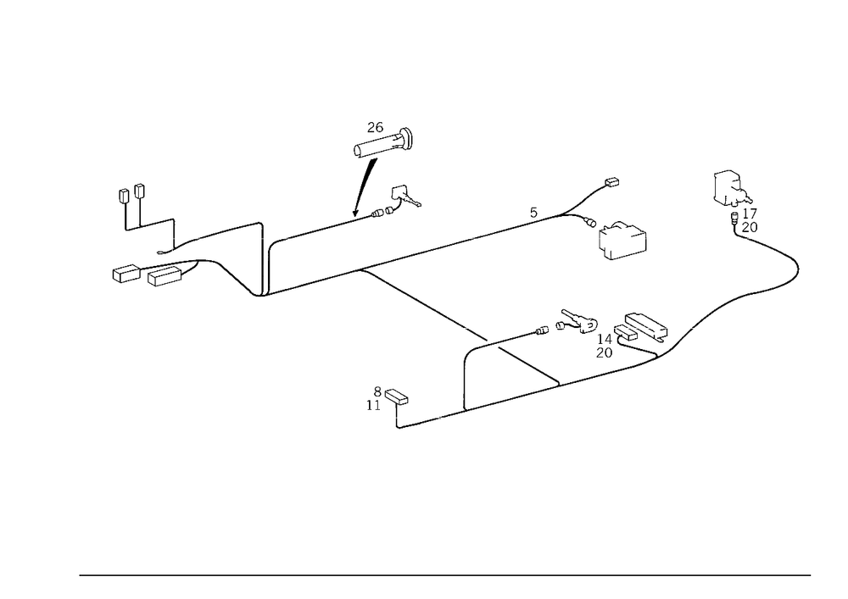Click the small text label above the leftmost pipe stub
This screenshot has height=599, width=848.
[131, 196]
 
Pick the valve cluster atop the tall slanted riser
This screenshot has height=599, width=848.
[382, 141]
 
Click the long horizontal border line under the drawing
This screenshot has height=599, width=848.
[445, 574]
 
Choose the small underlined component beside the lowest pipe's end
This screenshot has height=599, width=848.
[387, 397]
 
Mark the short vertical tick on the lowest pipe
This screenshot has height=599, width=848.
[461, 400]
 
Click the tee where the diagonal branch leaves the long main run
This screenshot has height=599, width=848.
[373, 272]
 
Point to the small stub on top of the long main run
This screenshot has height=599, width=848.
[533, 209]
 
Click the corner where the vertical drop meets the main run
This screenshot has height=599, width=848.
[265, 295]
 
